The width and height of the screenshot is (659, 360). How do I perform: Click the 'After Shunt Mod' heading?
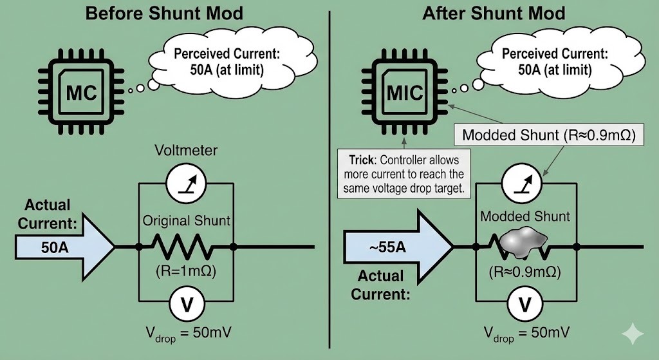tap(494, 13)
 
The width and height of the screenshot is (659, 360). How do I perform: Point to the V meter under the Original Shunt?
tap(185, 303)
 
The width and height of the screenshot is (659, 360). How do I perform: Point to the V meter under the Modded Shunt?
tap(524, 303)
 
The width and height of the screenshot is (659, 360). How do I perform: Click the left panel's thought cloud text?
tap(219, 62)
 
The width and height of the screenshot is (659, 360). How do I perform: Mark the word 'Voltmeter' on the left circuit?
tap(185, 151)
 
